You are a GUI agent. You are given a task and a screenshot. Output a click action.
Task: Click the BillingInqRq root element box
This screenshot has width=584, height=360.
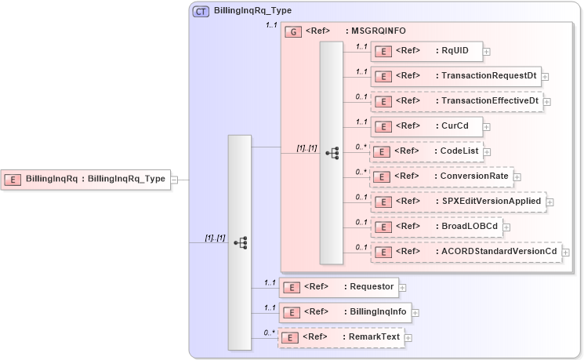[86, 179]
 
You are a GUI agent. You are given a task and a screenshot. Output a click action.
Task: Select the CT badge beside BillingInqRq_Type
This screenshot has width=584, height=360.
[201, 12]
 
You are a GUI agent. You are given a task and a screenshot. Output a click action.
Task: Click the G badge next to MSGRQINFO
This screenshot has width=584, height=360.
[293, 31]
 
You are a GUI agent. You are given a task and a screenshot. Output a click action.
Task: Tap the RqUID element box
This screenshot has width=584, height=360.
[426, 51]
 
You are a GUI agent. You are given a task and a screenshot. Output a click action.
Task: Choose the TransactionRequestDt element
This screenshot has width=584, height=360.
[455, 76]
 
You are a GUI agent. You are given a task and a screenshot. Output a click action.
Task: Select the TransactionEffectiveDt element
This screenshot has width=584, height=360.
[456, 101]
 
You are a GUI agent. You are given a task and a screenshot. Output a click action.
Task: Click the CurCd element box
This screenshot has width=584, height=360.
[426, 126]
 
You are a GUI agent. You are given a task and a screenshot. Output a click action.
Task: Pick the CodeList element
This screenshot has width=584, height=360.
[426, 151]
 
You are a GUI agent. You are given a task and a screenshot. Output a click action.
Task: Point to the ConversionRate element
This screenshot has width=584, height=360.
[441, 176]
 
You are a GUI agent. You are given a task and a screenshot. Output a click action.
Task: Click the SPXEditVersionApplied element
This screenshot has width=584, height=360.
[458, 202]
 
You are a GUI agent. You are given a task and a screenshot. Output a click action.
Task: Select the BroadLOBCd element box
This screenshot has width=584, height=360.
[437, 227]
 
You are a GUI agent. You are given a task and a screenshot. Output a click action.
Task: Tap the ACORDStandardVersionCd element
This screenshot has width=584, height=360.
[466, 252]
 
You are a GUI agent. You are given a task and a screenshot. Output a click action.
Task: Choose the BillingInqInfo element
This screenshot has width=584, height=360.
[345, 312]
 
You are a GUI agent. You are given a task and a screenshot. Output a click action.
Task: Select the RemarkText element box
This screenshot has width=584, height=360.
[342, 337]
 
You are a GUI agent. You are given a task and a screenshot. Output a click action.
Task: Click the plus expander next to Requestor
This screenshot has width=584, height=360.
[402, 288]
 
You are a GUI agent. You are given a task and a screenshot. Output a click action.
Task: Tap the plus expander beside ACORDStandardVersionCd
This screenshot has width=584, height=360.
[565, 253]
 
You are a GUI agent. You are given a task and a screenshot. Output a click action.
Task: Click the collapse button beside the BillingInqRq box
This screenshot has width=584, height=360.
[175, 180]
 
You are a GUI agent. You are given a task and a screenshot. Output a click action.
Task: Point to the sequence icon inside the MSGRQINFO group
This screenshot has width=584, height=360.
[332, 153]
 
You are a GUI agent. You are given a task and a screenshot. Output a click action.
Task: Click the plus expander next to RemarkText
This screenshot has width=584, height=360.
[408, 338]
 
